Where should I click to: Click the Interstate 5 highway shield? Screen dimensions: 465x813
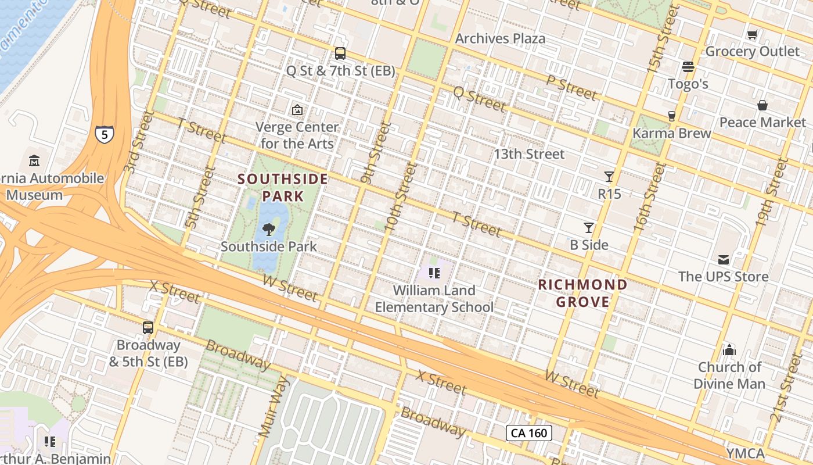coord(105,135)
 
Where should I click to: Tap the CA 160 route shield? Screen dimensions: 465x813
coord(528,433)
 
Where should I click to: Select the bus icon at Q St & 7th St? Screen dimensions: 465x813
coord(340,53)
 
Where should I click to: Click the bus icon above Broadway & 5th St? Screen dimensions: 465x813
coord(148,328)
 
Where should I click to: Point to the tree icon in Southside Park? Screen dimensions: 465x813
coord(269,229)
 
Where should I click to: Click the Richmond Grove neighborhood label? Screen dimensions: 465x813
coord(582,293)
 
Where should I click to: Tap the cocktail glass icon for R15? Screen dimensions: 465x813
coord(609,176)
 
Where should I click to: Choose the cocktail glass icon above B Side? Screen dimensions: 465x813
coord(589,227)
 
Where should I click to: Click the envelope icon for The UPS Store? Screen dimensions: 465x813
coord(724,259)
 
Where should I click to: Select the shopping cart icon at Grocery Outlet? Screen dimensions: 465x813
coord(753,34)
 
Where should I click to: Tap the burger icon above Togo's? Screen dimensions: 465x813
coord(688,66)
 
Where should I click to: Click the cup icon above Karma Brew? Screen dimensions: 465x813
coord(671,116)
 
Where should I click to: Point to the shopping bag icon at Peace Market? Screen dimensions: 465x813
coord(762,105)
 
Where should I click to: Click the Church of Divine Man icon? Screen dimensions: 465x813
coord(729,350)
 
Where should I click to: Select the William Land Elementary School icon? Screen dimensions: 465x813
coord(434,273)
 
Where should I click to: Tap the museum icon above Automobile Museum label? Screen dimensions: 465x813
coord(34,160)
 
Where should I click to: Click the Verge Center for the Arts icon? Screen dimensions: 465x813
coord(297,109)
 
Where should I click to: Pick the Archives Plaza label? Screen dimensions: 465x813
coord(500,38)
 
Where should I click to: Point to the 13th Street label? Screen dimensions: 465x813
coord(528,154)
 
